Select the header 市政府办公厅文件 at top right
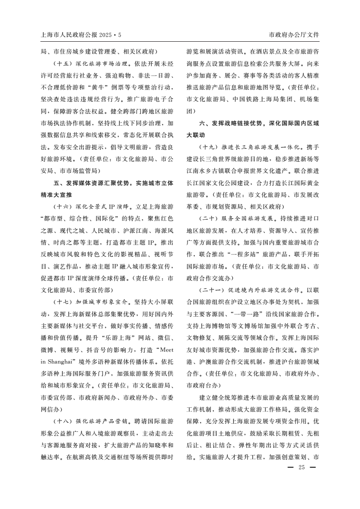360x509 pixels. pyautogui.click(x=294, y=34)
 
